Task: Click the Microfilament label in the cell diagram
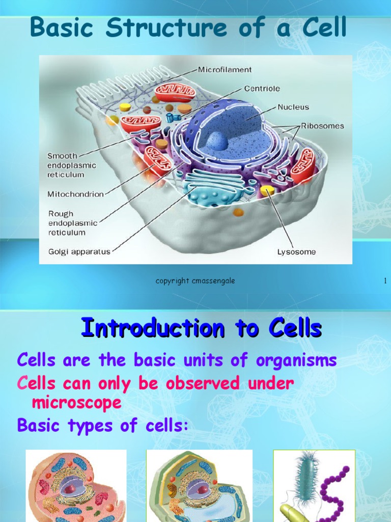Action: [x=225, y=69]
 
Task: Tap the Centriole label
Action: [x=262, y=89]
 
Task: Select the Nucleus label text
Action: [x=293, y=108]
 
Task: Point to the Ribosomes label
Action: [x=322, y=126]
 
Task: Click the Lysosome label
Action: [x=296, y=252]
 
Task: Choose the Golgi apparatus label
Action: [x=79, y=252]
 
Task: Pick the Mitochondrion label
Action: [x=75, y=194]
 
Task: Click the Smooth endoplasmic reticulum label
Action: [x=71, y=165]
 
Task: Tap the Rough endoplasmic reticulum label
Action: [x=73, y=223]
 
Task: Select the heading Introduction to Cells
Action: [x=201, y=328]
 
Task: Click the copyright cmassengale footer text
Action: [x=195, y=281]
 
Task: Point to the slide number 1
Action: [x=385, y=281]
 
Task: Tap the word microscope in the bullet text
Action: [x=76, y=403]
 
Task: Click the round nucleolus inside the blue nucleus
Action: [x=216, y=141]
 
